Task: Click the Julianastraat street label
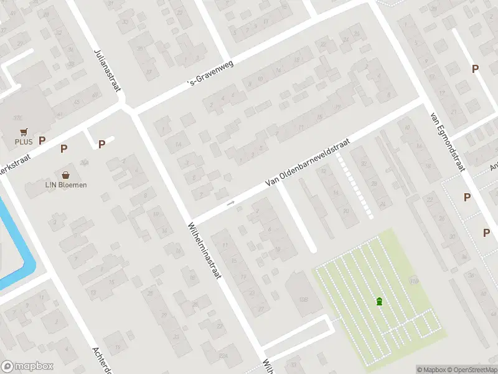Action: point(106,69)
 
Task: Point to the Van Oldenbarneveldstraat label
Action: point(307,161)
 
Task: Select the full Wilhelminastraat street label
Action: point(205,250)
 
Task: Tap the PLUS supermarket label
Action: point(24,141)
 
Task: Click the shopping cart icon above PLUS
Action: point(24,132)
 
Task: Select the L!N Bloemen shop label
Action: point(65,185)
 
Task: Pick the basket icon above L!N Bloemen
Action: point(65,175)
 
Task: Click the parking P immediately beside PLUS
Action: point(42,141)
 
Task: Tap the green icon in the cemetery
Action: point(379,302)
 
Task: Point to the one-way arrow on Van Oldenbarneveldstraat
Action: point(231,203)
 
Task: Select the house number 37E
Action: point(18,117)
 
